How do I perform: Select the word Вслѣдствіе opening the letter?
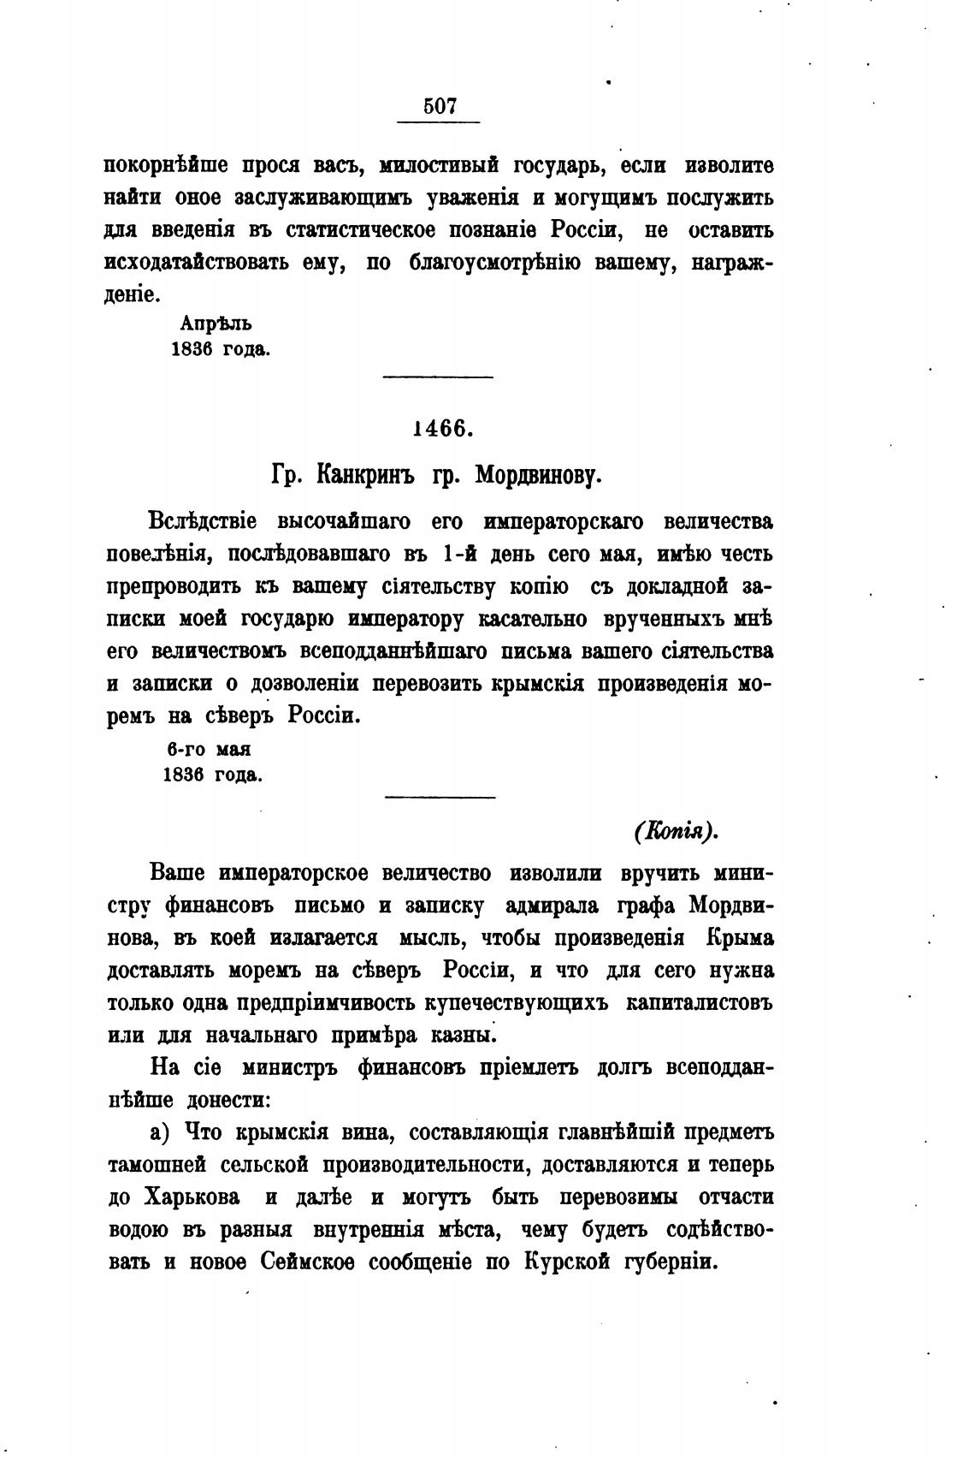[204, 520]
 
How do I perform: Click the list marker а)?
[161, 1132]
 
